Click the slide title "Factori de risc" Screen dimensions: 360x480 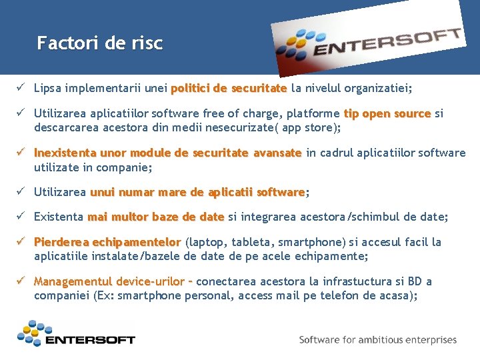tap(99, 44)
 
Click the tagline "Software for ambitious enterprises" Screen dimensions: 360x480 tap(378, 340)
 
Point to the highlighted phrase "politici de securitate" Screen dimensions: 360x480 tap(229, 88)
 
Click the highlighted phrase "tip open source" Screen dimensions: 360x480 tap(387, 114)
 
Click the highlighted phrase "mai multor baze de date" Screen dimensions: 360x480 tap(155, 217)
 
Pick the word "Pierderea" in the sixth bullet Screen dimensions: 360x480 tap(62, 242)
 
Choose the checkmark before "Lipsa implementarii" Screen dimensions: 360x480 tap(22, 88)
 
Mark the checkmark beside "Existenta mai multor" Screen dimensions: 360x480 tap(22, 217)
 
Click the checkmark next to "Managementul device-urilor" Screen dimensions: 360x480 tap(22, 281)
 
